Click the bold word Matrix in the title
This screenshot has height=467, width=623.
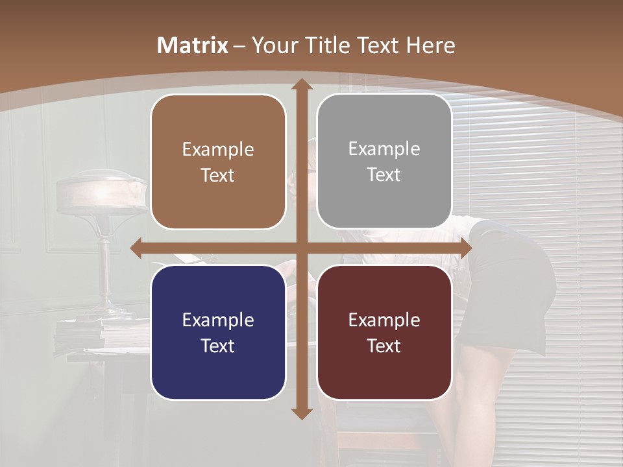(x=193, y=45)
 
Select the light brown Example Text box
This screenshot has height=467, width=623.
(x=218, y=162)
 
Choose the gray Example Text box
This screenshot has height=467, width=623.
(x=384, y=162)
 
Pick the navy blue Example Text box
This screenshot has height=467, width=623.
(x=218, y=332)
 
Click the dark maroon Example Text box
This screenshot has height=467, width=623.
(x=384, y=332)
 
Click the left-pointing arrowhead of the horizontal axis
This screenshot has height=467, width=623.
(x=136, y=248)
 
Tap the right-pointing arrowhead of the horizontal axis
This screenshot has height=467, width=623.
(x=465, y=248)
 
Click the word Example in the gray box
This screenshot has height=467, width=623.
(x=384, y=149)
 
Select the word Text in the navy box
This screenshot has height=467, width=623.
(x=218, y=346)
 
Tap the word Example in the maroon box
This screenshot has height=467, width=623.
(x=384, y=320)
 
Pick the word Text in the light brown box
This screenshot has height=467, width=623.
(x=218, y=175)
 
